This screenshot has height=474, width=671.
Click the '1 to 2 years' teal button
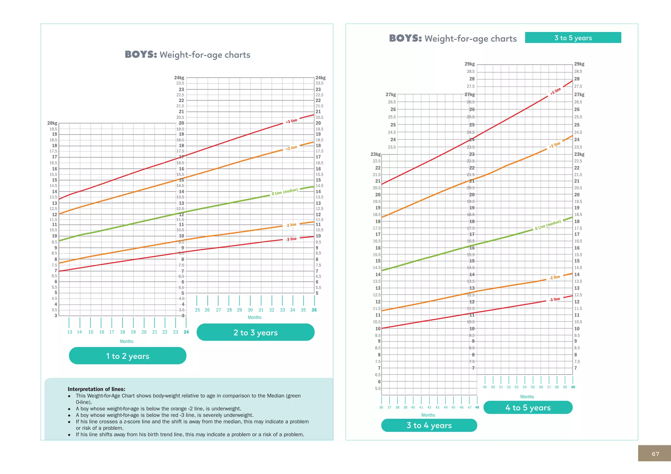pyautogui.click(x=127, y=356)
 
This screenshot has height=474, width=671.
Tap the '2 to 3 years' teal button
pyautogui.click(x=255, y=332)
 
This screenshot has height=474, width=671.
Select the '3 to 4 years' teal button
pyautogui.click(x=429, y=425)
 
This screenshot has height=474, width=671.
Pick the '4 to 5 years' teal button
pyautogui.click(x=528, y=408)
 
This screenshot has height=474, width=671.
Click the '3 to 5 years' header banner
pyautogui.click(x=573, y=38)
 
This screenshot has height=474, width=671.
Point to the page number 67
pyautogui.click(x=655, y=454)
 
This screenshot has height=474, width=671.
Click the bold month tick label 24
pyautogui.click(x=186, y=332)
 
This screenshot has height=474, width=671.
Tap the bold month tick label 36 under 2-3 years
pyautogui.click(x=314, y=310)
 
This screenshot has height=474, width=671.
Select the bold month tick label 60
pyautogui.click(x=573, y=387)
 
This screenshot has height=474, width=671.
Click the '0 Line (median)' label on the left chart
pyautogui.click(x=284, y=192)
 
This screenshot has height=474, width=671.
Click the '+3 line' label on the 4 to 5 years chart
pyautogui.click(x=555, y=91)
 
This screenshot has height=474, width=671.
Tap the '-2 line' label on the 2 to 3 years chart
pyautogui.click(x=291, y=225)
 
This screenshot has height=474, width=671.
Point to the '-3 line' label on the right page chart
pyautogui.click(x=555, y=300)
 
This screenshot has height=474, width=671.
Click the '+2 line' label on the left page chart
pyautogui.click(x=291, y=148)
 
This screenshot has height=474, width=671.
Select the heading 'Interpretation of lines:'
pyautogui.click(x=96, y=389)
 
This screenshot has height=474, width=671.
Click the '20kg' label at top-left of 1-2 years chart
pyautogui.click(x=52, y=123)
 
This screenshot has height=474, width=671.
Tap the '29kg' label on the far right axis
pyautogui.click(x=579, y=64)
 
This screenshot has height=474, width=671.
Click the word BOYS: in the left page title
pyautogui.click(x=141, y=54)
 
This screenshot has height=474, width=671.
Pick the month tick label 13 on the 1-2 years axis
pyautogui.click(x=69, y=332)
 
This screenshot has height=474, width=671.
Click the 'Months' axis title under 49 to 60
pyautogui.click(x=527, y=396)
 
